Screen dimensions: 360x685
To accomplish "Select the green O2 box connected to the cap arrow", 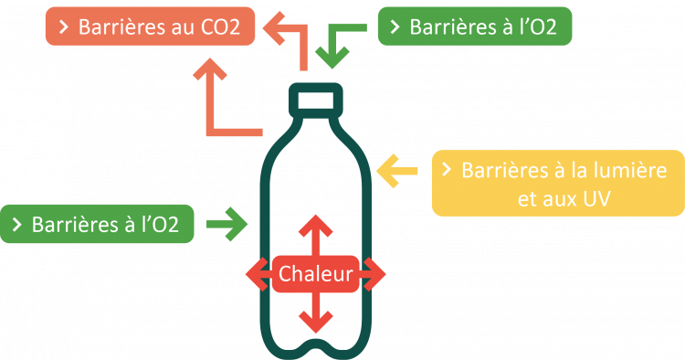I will [x=474, y=27].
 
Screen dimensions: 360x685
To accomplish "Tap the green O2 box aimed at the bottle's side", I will [x=100, y=224].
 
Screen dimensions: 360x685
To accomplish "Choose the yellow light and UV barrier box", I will [x=556, y=182].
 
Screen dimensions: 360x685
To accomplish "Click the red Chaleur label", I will [x=316, y=273].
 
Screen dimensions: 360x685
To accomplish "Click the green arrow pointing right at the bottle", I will [x=227, y=223].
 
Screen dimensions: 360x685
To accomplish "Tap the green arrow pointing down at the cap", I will [x=336, y=50].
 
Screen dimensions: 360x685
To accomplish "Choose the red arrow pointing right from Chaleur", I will [x=373, y=273].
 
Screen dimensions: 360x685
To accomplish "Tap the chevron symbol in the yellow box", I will [x=447, y=170].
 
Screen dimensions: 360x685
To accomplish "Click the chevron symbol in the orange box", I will [x=64, y=27].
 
